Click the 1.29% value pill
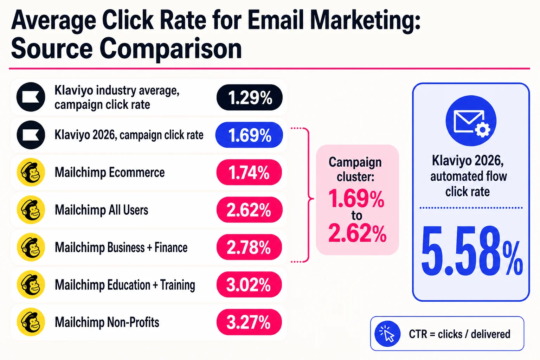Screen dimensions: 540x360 250,97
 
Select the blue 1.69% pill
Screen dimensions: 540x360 249,135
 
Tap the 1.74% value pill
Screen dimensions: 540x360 249,172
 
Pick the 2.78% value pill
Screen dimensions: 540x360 249,247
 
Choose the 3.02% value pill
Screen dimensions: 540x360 249,284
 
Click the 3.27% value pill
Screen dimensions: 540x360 249,322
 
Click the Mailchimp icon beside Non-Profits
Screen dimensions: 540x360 31,322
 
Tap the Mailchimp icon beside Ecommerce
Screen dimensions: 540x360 31,172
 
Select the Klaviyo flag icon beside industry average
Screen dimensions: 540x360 31,97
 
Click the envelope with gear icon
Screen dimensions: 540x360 471,121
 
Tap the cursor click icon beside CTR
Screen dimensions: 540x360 387,334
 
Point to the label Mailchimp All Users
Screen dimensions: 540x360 101,210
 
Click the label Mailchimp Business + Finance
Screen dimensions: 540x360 121,247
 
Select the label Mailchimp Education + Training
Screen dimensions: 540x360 125,285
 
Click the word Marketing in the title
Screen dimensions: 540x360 365,21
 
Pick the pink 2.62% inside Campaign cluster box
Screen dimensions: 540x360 357,232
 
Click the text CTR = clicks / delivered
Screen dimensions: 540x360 459,334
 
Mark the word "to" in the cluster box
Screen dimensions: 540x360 356,215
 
